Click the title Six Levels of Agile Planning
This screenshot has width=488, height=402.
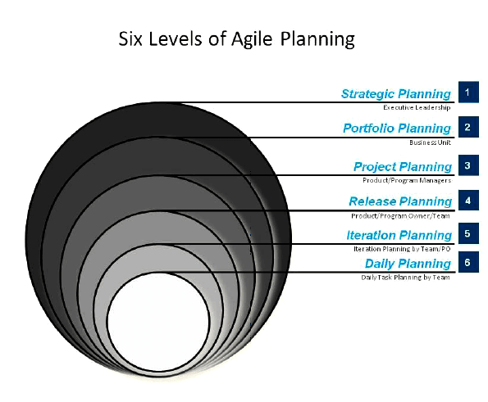(x=236, y=39)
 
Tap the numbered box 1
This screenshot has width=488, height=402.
(x=468, y=92)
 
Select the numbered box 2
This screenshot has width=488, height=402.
(x=468, y=127)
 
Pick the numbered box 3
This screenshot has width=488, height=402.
(x=468, y=165)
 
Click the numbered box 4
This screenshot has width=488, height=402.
(x=468, y=201)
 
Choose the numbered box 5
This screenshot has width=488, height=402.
(x=468, y=233)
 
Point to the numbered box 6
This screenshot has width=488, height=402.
(x=468, y=262)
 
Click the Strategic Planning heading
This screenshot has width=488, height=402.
(x=396, y=94)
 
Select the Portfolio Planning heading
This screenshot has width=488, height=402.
(x=397, y=129)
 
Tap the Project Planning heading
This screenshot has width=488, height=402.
(x=403, y=167)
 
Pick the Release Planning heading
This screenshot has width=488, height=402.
(x=400, y=201)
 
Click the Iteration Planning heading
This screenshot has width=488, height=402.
(x=399, y=235)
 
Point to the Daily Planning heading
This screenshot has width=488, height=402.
(x=408, y=264)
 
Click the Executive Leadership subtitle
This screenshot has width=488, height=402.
(x=417, y=107)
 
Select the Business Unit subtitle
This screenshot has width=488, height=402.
(x=430, y=142)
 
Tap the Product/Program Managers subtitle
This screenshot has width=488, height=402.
(x=407, y=180)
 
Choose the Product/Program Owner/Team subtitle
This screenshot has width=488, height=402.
(x=400, y=215)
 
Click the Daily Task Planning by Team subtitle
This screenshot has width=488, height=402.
(x=405, y=277)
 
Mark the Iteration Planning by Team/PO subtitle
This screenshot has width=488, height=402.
(x=402, y=249)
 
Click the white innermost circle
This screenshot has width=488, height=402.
(x=158, y=322)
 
